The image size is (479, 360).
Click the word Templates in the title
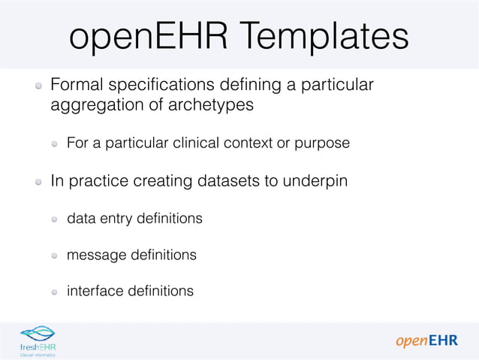pyautogui.click(x=327, y=37)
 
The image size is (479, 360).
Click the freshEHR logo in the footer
pyautogui.click(x=38, y=340)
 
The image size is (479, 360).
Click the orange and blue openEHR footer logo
pyautogui.click(x=426, y=340)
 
